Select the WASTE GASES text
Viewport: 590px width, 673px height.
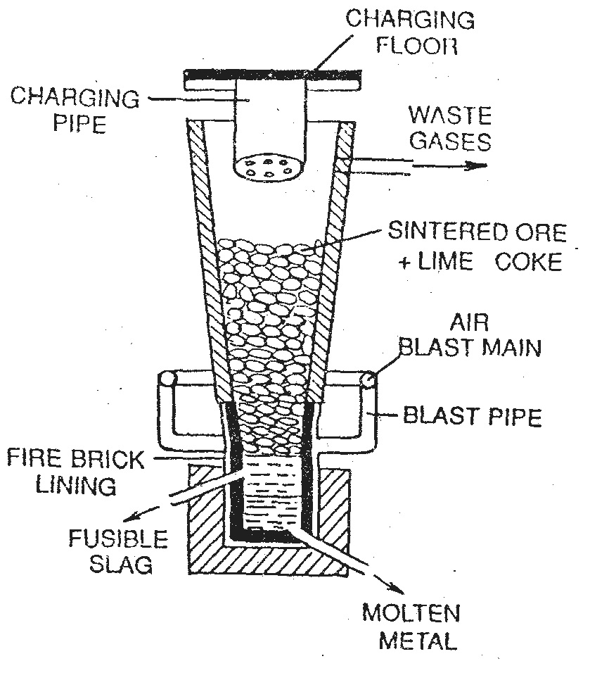point(450,128)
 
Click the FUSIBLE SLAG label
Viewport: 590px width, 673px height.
point(118,552)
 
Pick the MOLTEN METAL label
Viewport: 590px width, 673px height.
point(411,625)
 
